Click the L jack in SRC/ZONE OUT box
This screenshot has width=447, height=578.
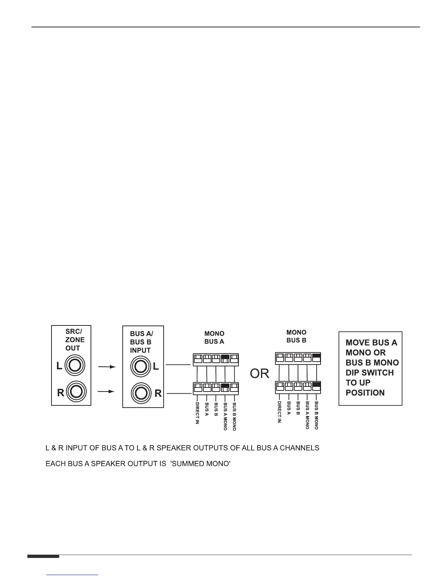click(74, 365)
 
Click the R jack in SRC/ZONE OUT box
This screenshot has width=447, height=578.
click(75, 392)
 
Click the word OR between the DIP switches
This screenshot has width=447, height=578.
click(259, 374)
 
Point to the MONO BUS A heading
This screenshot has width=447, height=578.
click(214, 338)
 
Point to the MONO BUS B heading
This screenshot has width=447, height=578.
click(296, 336)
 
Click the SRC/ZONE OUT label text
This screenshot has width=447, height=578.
click(74, 339)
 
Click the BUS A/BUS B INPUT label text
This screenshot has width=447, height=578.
click(141, 342)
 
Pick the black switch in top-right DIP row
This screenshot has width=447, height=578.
click(317, 357)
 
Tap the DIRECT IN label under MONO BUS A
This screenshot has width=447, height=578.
click(197, 413)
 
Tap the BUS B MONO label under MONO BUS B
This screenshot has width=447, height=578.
click(317, 415)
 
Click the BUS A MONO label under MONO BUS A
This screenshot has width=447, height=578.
click(225, 416)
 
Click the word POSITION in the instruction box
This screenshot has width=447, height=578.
click(365, 393)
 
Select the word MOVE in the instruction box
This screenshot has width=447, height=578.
click(358, 343)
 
